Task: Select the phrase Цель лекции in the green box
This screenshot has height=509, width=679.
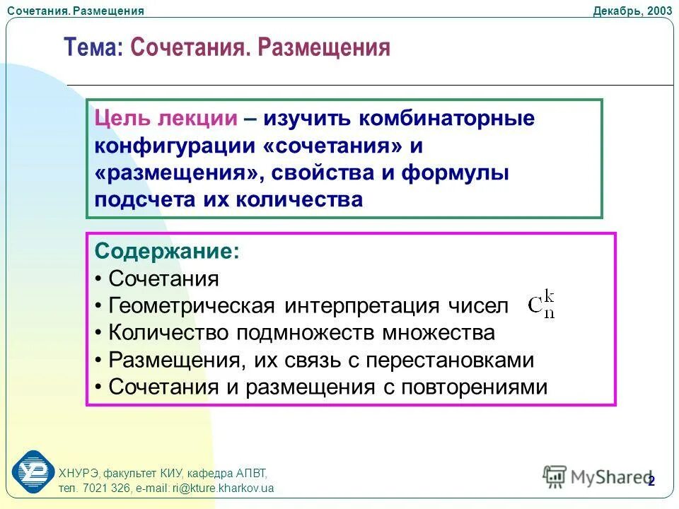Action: pyautogui.click(x=166, y=118)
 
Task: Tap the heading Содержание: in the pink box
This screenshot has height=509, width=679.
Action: pyautogui.click(x=167, y=251)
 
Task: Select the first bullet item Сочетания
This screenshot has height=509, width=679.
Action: pyautogui.click(x=163, y=279)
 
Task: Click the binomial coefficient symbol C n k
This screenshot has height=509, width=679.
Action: pyautogui.click(x=542, y=306)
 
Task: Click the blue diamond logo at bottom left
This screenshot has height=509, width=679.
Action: pyautogui.click(x=33, y=470)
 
